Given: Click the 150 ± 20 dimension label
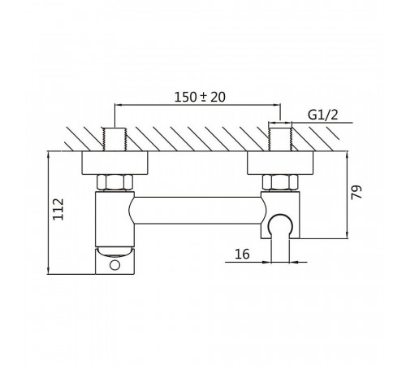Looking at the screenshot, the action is point(200,97).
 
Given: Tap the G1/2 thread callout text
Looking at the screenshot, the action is point(323,115).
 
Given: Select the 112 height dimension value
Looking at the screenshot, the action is point(58,210).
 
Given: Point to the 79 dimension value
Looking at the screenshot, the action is point(356,192).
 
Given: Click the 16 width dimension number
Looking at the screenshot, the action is point(242,254).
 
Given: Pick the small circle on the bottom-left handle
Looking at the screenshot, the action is point(115,265).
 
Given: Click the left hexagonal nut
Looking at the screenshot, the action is point(115,182).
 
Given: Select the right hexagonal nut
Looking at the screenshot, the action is point(280,182).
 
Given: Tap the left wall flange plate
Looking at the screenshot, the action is point(115,163).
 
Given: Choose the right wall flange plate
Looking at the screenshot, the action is point(280,163).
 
